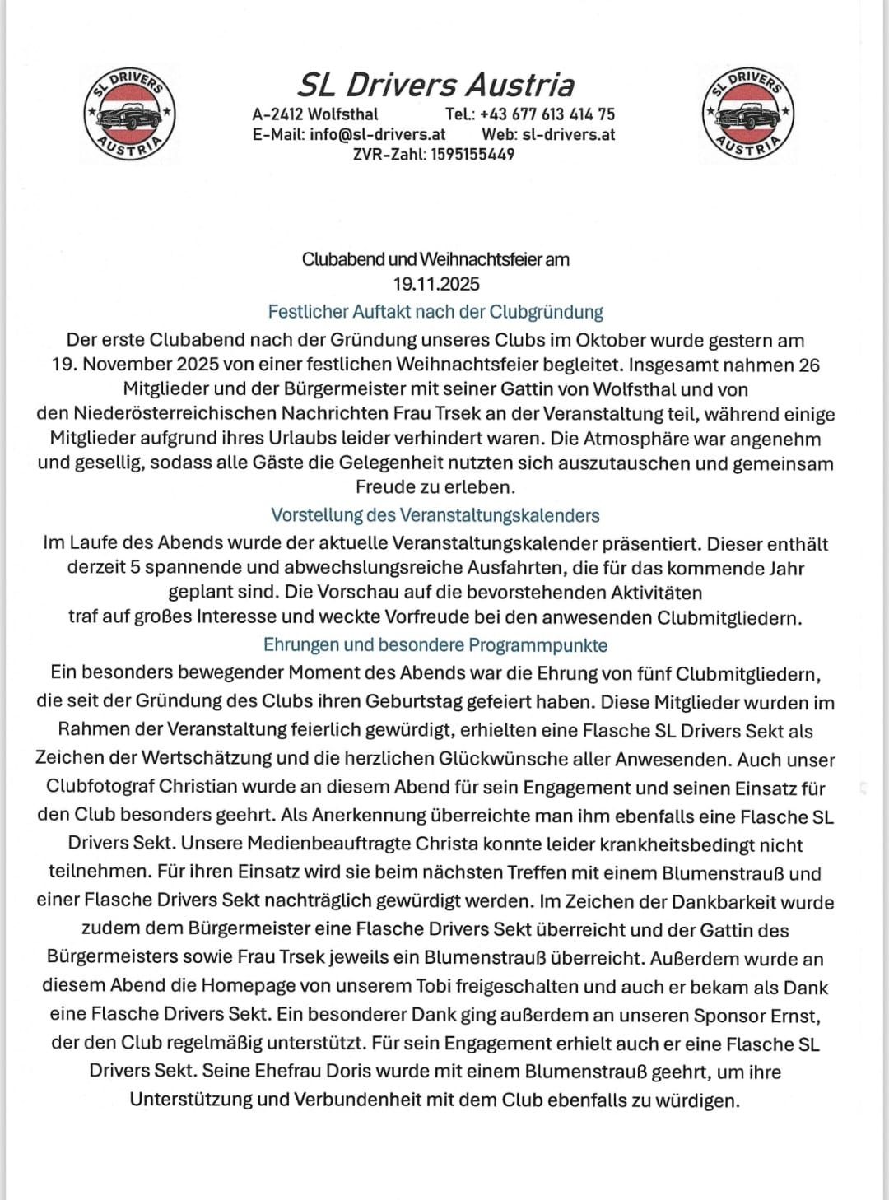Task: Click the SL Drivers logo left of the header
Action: point(130,114)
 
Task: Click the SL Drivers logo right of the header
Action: point(749,114)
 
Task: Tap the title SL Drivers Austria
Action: point(435,85)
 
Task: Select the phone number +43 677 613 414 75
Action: point(547,114)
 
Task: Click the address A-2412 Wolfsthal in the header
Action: point(315,114)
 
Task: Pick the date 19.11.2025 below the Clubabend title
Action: point(436,284)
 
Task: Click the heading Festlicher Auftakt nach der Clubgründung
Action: point(435,312)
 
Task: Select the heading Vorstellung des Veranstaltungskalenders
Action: point(435,515)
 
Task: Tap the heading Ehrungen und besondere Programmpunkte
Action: point(435,644)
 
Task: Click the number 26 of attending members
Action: point(808,365)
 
